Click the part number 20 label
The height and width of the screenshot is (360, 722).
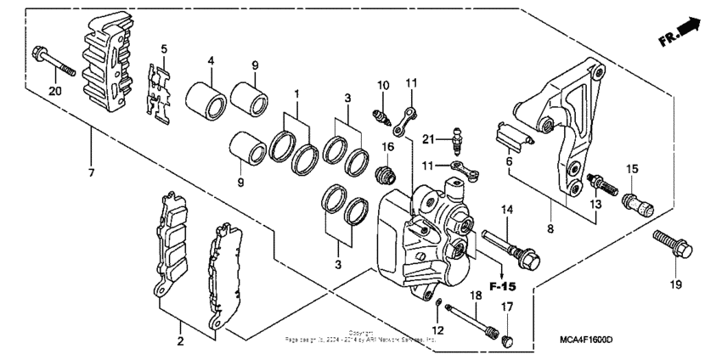pyautogui.click(x=55, y=92)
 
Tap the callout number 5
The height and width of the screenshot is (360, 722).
pyautogui.click(x=164, y=48)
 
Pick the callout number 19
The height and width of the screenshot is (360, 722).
pyautogui.click(x=675, y=285)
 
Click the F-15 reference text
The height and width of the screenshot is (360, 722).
pyautogui.click(x=504, y=286)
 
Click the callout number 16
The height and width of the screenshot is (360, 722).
pyautogui.click(x=386, y=147)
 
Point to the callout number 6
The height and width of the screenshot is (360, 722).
pyautogui.click(x=509, y=160)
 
